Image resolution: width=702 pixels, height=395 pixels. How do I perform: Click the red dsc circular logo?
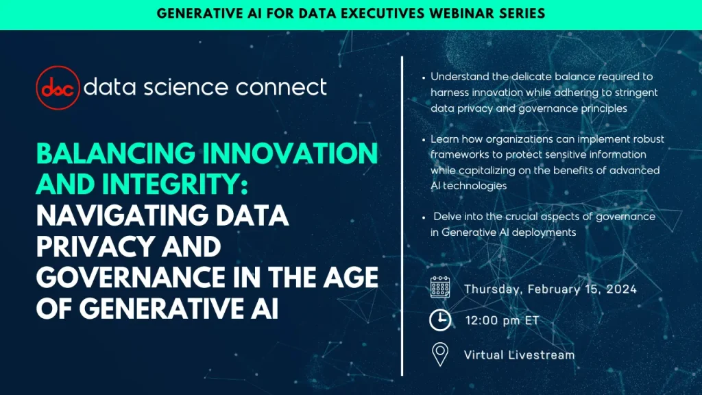[x=57, y=88]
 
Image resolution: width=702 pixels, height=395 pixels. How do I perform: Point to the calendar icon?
[x=439, y=288]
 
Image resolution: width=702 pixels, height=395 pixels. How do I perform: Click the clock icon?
[x=439, y=320]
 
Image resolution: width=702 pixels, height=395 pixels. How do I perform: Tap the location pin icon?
[x=439, y=355]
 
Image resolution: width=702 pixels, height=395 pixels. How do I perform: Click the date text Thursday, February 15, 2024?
[x=550, y=289]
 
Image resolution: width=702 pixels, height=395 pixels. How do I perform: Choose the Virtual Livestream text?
[x=519, y=355]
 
